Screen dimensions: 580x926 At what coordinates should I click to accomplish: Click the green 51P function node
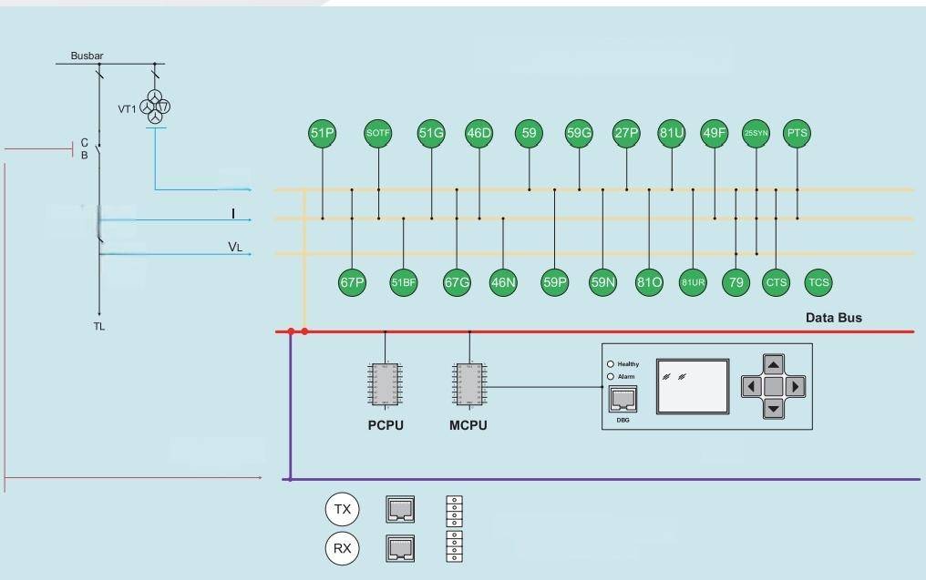tap(323, 133)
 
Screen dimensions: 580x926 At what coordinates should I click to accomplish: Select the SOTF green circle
tap(377, 133)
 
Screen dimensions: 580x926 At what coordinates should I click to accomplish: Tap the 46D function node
tap(478, 133)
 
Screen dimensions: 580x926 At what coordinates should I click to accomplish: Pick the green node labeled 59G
tap(579, 133)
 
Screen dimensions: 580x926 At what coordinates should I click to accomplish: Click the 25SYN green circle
tap(756, 133)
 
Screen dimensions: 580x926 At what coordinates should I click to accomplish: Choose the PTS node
tap(797, 133)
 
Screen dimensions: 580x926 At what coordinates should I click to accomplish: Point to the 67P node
tap(352, 282)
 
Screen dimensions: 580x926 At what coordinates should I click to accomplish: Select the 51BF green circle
tap(403, 282)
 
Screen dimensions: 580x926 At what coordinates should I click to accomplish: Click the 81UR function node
tap(693, 282)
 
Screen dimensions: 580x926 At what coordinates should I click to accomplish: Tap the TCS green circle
tap(818, 282)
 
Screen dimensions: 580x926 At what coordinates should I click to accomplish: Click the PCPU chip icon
tap(384, 384)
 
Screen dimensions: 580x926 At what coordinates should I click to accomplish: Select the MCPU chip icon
tap(469, 384)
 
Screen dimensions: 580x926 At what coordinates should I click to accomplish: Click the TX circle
tap(342, 510)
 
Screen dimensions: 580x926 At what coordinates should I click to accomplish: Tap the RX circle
tap(342, 548)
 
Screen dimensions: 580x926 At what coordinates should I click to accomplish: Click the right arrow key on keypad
tap(796, 386)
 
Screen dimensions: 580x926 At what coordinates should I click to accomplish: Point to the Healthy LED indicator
tap(611, 364)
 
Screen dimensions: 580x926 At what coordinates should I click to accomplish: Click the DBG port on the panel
tap(622, 399)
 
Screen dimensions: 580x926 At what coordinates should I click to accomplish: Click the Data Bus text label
tap(833, 318)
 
